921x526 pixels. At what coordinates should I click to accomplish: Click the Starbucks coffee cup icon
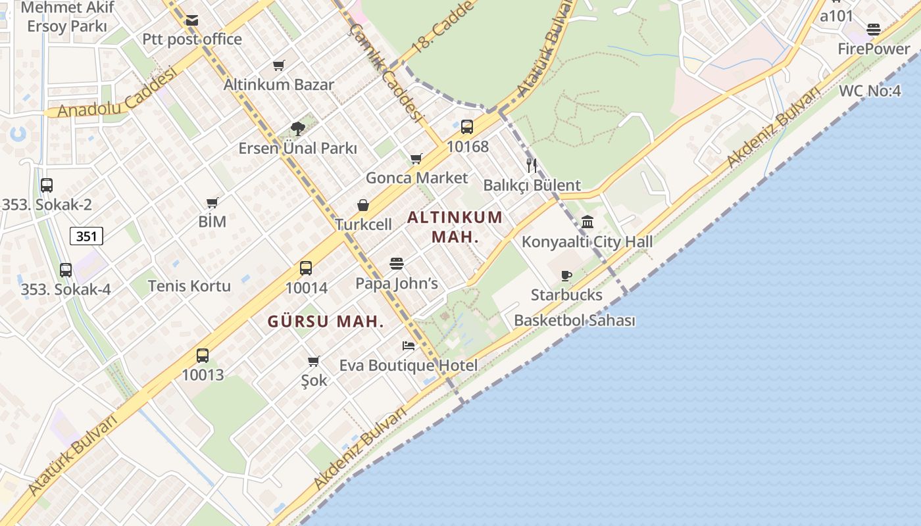(x=566, y=275)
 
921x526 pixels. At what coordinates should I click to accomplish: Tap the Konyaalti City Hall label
(x=587, y=241)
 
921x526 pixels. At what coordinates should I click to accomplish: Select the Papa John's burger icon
(x=396, y=264)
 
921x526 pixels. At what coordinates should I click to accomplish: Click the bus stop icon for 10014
(x=306, y=268)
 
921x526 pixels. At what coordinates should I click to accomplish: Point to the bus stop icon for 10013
(x=203, y=356)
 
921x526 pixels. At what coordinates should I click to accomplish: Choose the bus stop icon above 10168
(x=467, y=127)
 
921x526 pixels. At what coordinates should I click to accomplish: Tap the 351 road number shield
(x=87, y=236)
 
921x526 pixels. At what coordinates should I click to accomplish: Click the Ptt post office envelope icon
(x=191, y=20)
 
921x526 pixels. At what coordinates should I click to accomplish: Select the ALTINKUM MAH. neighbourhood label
(x=455, y=227)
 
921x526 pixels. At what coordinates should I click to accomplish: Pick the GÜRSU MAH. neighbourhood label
(x=326, y=322)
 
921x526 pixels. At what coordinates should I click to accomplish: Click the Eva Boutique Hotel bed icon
(x=409, y=346)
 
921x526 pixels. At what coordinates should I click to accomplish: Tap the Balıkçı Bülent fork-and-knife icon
(x=532, y=166)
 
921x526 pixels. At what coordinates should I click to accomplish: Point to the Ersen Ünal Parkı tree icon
(x=297, y=129)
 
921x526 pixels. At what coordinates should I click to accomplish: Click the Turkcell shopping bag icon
(x=362, y=206)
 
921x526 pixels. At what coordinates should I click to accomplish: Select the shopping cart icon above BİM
(x=212, y=203)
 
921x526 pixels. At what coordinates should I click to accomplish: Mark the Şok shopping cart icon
(x=314, y=361)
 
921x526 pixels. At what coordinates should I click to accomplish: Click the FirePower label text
(x=874, y=49)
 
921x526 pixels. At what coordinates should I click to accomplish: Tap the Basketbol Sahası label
(x=574, y=320)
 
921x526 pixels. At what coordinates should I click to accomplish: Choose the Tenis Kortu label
(x=189, y=285)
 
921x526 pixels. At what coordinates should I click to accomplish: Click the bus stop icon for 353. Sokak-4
(x=66, y=270)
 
